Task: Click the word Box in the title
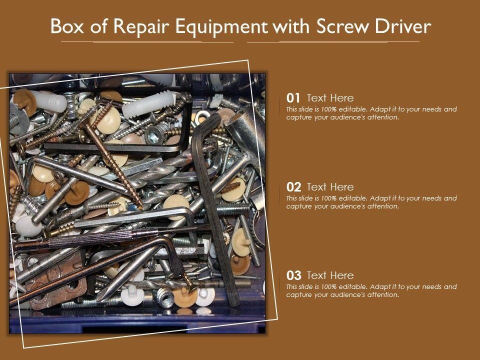point(67,26)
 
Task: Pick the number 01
point(293,98)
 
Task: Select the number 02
point(293,187)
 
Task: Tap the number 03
point(293,275)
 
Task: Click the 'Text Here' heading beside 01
point(330,98)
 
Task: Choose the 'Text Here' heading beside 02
point(330,186)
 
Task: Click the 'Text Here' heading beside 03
point(330,275)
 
